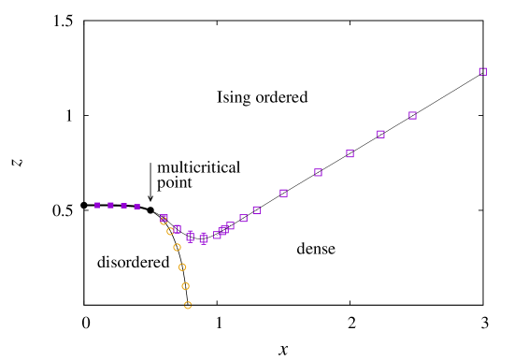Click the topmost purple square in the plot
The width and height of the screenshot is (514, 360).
[483, 72]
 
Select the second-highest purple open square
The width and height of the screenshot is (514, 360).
[412, 116]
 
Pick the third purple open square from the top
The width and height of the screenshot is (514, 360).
[380, 135]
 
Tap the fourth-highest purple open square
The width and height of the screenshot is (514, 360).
[350, 154]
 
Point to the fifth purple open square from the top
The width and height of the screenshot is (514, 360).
[318, 173]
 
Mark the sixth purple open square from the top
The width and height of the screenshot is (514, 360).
[283, 194]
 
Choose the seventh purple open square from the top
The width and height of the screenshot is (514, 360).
[256, 210]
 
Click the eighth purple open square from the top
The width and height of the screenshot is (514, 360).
[243, 219]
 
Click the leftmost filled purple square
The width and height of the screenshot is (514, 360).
[97, 206]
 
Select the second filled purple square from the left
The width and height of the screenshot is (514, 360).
[110, 206]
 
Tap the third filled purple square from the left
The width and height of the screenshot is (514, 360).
[123, 206]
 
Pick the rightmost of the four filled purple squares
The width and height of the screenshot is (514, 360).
[136, 207]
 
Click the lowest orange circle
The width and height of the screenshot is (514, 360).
[188, 305]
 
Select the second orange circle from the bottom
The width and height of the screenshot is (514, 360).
[185, 286]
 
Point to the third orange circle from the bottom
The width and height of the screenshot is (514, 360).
[182, 267]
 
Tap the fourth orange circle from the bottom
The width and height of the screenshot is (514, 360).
[177, 248]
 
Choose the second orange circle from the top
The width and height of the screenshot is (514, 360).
[170, 231]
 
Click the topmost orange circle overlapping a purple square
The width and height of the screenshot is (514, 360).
[164, 221]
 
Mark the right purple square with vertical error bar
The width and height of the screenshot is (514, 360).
[203, 238]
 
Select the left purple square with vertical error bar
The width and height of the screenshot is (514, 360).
[190, 237]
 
